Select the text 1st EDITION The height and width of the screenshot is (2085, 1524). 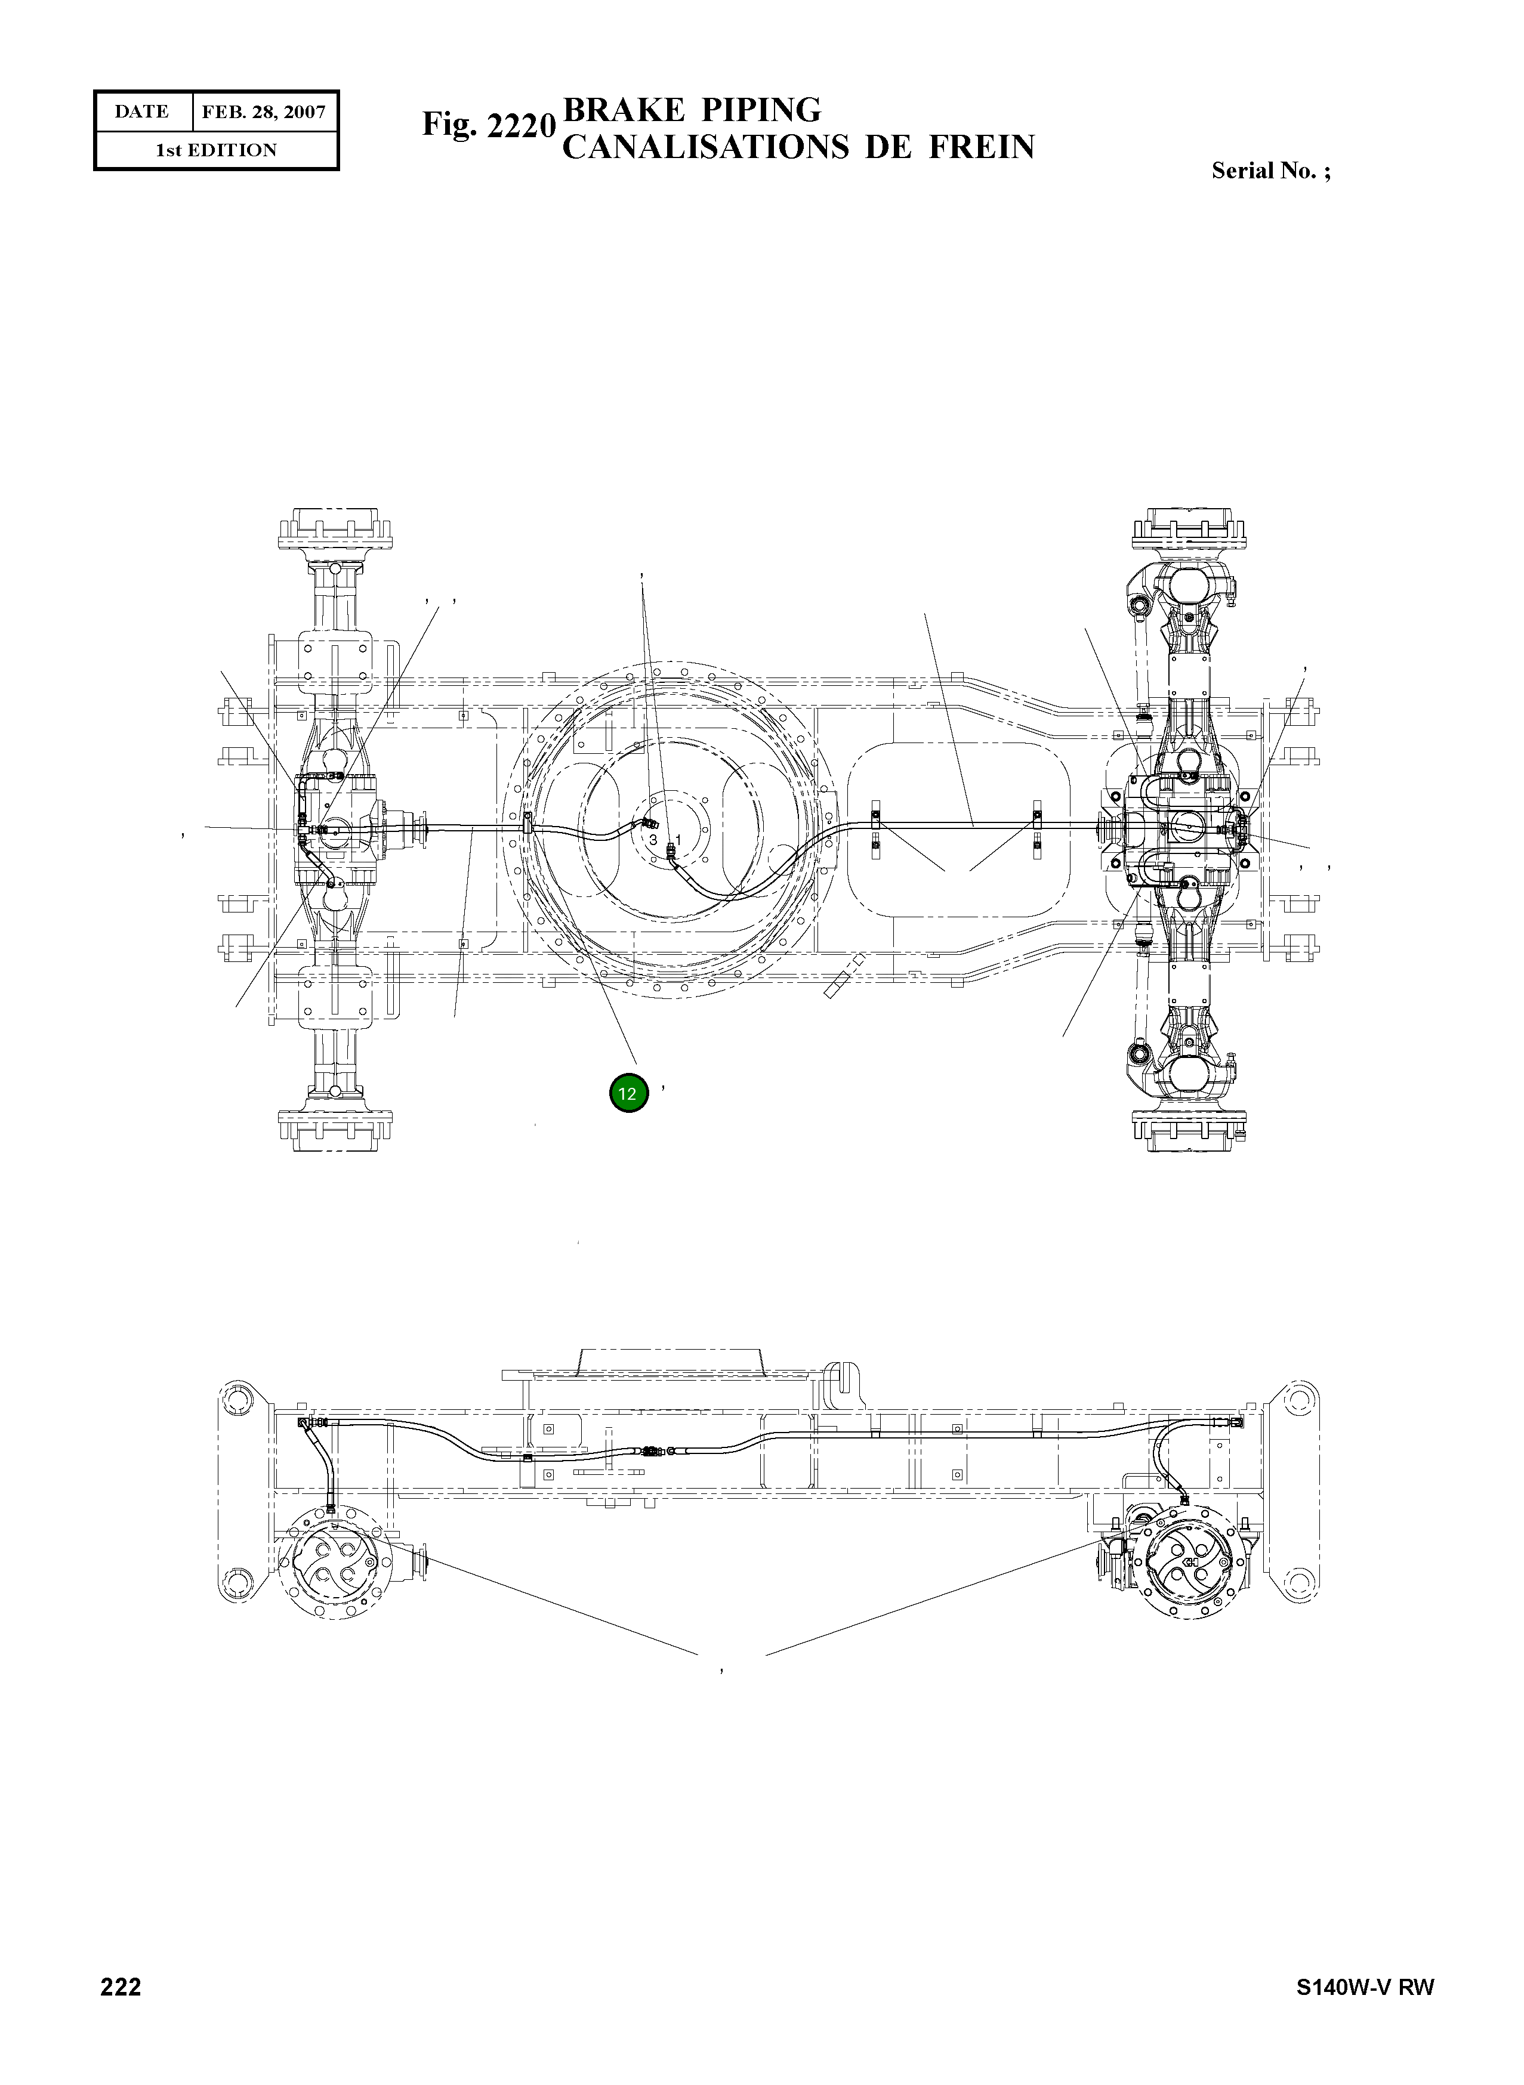216,150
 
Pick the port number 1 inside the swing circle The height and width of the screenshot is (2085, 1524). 678,839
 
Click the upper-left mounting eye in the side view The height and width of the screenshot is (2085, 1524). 238,1408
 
